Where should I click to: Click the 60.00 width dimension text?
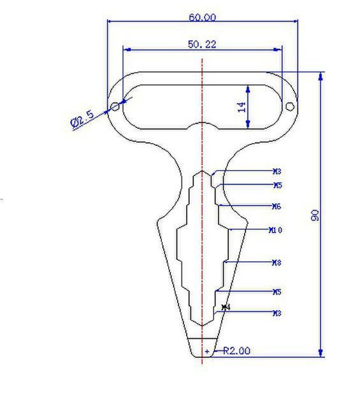[202, 17]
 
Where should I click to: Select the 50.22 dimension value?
[202, 44]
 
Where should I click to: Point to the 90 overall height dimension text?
[315, 215]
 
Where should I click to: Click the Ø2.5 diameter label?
[82, 118]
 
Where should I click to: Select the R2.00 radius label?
[236, 350]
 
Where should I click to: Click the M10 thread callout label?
[276, 230]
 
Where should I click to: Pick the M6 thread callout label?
[277, 206]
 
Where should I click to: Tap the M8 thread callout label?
[277, 262]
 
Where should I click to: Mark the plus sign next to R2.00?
[207, 351]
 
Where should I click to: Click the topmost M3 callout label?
[277, 171]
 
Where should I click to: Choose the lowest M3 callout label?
[277, 313]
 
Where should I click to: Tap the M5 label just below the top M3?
[277, 185]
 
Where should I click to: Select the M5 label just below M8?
[277, 292]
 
